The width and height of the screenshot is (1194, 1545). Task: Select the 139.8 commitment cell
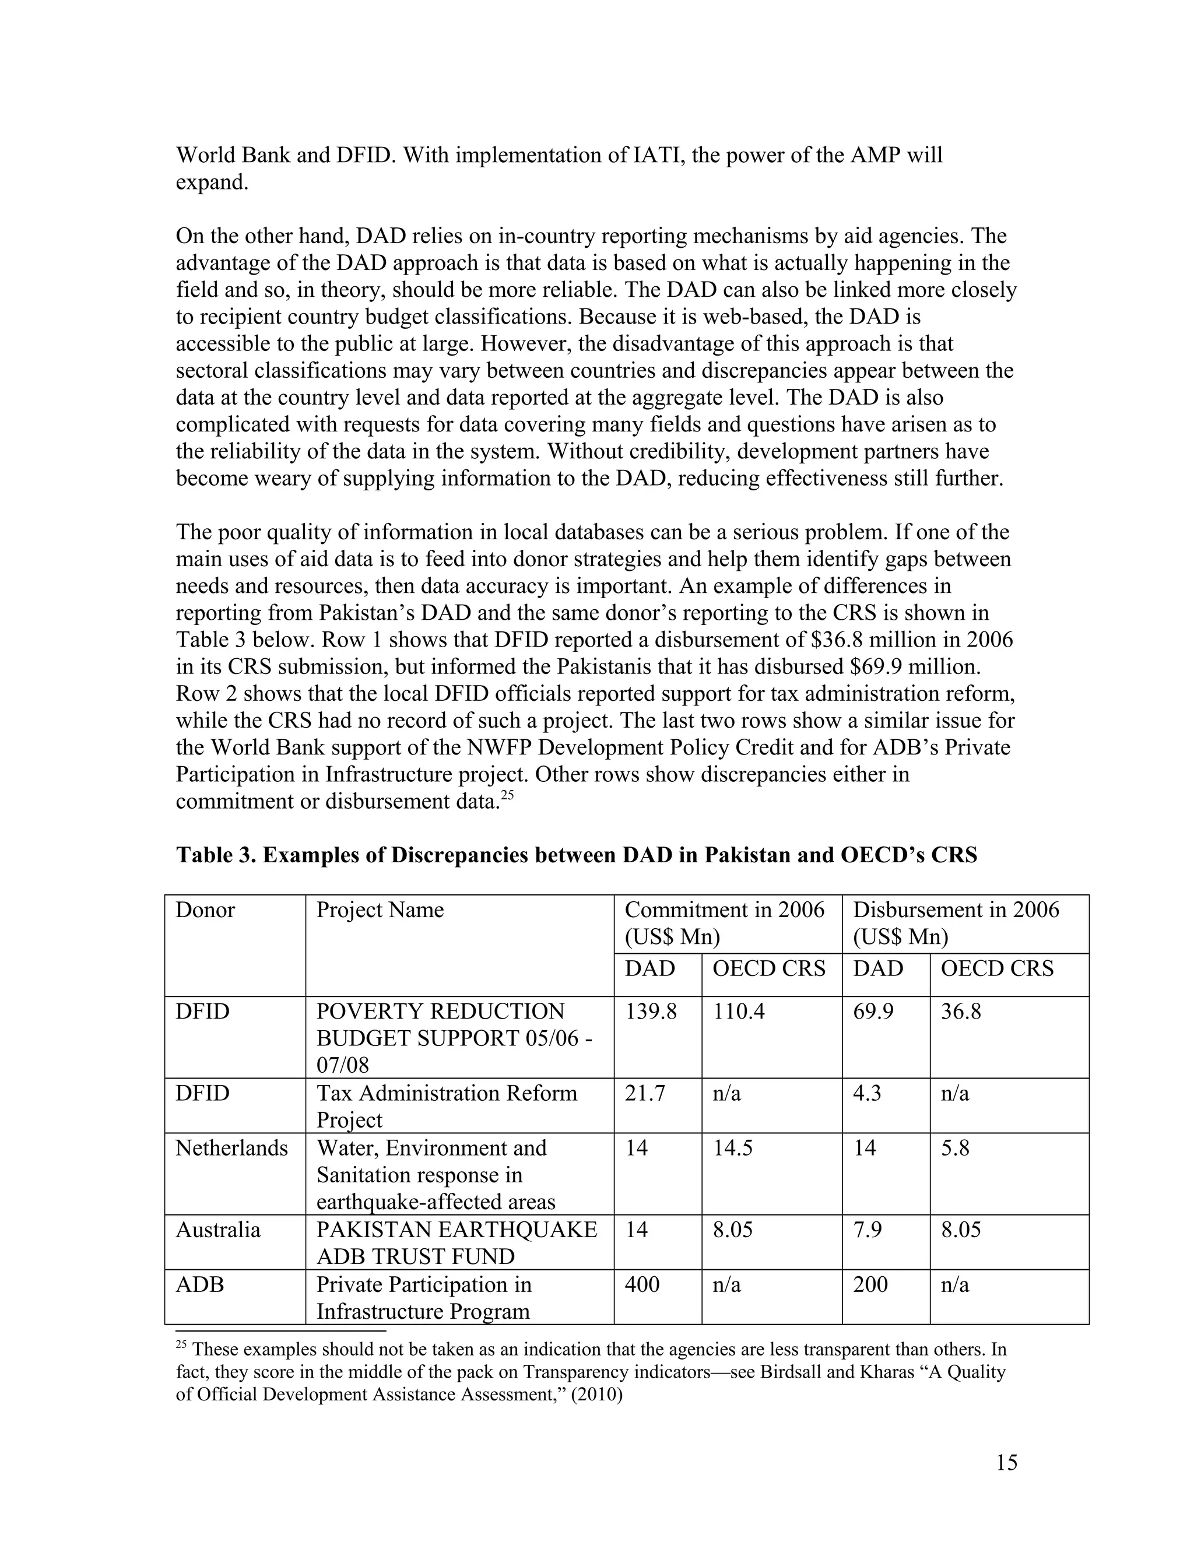click(650, 1012)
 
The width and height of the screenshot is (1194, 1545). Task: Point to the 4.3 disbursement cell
click(867, 1094)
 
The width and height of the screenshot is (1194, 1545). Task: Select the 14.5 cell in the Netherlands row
click(732, 1148)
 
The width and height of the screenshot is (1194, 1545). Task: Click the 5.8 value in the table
click(955, 1148)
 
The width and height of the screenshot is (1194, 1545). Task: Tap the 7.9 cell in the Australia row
click(867, 1230)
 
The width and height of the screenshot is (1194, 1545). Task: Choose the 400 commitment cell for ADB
click(641, 1284)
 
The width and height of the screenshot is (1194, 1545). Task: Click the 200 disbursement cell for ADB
click(870, 1284)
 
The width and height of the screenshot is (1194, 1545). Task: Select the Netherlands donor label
click(231, 1148)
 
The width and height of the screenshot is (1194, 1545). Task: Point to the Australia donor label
click(218, 1230)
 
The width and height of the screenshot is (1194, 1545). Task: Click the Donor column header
click(205, 910)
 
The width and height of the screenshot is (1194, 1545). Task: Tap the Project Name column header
click(380, 910)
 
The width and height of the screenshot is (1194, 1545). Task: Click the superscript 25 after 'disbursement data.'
click(507, 795)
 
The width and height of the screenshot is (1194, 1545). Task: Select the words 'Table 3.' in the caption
click(216, 855)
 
